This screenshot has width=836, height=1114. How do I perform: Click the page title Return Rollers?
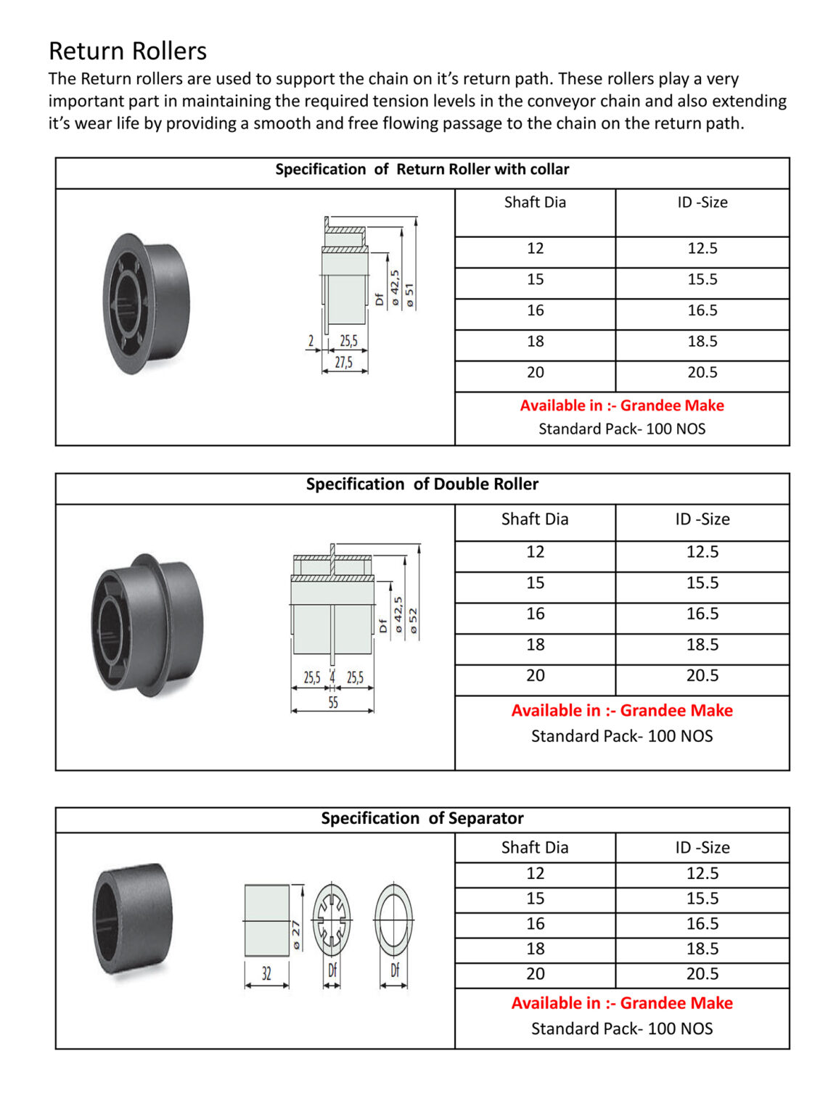click(x=128, y=51)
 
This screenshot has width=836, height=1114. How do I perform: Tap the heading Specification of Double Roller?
click(x=422, y=484)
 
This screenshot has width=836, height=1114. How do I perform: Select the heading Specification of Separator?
click(x=422, y=818)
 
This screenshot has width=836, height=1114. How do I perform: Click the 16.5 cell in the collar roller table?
click(x=702, y=310)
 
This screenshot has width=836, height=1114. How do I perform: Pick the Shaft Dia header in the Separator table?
click(x=535, y=847)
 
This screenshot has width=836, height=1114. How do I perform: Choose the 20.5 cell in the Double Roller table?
click(x=702, y=675)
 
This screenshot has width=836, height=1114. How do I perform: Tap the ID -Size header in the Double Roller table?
click(x=702, y=519)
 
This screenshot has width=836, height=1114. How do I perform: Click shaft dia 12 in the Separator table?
click(x=535, y=873)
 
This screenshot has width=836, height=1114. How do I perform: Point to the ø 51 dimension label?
click(x=410, y=296)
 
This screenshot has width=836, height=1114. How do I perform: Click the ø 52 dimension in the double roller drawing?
click(x=414, y=622)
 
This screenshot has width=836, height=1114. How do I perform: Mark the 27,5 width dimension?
click(x=344, y=363)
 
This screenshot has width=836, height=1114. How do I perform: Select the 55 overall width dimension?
click(x=332, y=702)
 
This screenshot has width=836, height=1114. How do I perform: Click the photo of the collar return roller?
click(x=145, y=302)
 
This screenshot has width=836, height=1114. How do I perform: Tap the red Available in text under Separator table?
click(x=622, y=1003)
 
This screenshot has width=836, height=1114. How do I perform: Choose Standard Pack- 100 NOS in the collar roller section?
click(x=622, y=429)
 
